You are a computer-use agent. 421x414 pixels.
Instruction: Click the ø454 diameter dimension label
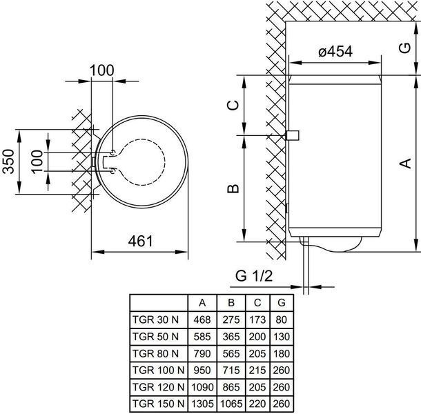[335, 52]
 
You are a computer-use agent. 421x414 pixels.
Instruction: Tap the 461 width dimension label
[140, 241]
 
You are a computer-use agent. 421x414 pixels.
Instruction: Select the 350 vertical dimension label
[8, 161]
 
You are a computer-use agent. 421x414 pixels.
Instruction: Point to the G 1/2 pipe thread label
[254, 275]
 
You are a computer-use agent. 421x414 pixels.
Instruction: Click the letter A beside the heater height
[405, 164]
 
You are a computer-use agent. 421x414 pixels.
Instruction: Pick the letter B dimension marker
[233, 188]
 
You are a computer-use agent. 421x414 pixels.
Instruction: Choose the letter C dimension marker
[233, 105]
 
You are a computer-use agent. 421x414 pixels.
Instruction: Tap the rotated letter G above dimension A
[404, 48]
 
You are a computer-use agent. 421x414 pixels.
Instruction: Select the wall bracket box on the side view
[293, 135]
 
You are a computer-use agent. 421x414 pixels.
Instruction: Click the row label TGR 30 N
[155, 319]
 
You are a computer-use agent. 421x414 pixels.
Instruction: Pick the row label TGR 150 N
[159, 404]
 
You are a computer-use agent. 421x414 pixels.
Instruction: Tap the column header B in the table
[231, 303]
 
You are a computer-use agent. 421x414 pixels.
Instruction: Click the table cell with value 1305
[202, 404]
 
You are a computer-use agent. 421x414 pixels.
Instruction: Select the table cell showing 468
[202, 319]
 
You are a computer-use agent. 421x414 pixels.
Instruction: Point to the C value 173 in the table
[257, 319]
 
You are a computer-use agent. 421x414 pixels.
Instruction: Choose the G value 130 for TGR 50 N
[282, 337]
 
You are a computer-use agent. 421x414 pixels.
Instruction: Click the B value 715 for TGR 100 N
[231, 371]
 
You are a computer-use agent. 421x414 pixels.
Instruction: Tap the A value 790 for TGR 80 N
[202, 353]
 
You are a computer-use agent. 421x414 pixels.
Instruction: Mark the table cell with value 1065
[231, 404]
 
